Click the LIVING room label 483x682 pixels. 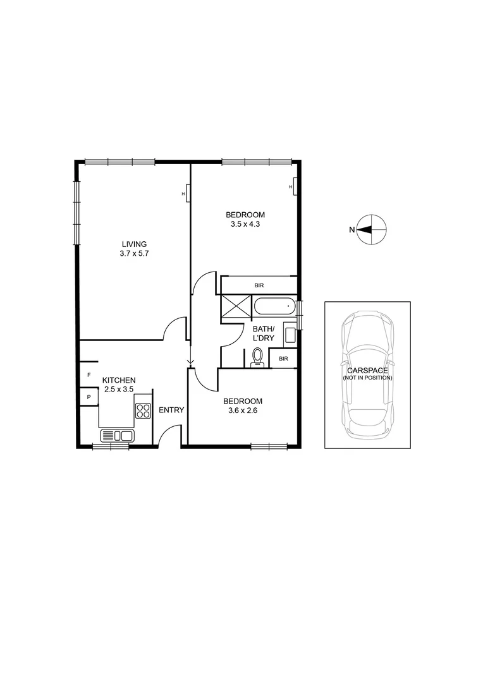(135, 244)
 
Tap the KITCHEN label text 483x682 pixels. (119, 380)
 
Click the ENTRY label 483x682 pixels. (171, 410)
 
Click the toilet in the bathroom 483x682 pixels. (257, 359)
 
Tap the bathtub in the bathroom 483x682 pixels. (274, 308)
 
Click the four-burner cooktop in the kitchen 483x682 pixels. (143, 411)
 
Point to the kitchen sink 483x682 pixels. (117, 435)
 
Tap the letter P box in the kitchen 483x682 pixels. (89, 397)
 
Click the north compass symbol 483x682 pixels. (370, 229)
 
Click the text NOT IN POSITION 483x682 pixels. (367, 378)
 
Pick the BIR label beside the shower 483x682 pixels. (259, 285)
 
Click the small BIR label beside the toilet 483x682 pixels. (283, 359)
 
